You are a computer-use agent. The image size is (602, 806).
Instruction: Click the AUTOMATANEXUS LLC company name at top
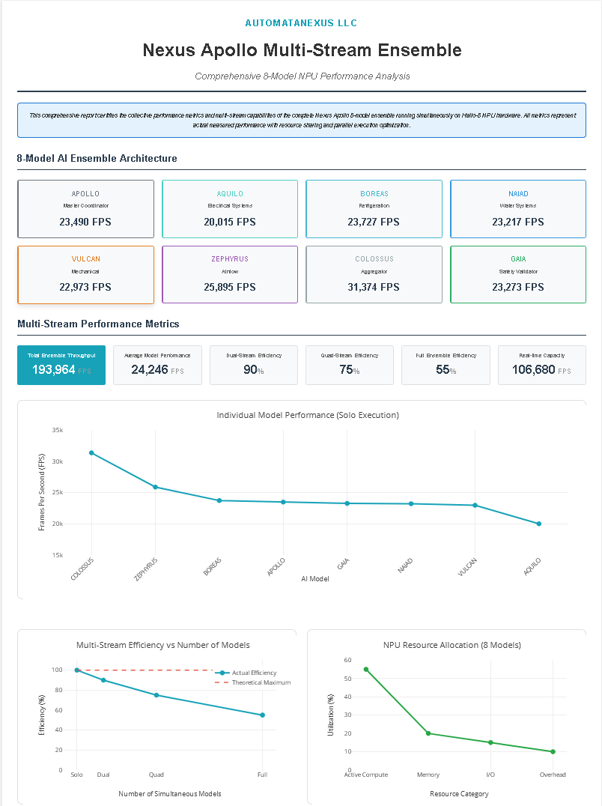pyautogui.click(x=301, y=23)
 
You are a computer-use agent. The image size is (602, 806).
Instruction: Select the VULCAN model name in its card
pyautogui.click(x=86, y=259)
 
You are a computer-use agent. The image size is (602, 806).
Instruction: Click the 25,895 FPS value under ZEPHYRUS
pyautogui.click(x=230, y=287)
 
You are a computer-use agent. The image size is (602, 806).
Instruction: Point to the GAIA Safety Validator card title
pyautogui.click(x=518, y=259)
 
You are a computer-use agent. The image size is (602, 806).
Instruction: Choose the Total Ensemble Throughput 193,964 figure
pyautogui.click(x=53, y=369)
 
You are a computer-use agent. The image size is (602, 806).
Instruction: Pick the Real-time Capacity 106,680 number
pyautogui.click(x=533, y=369)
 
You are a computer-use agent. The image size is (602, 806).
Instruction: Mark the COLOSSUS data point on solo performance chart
pyautogui.click(x=91, y=452)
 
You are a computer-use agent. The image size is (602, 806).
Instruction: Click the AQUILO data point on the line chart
pyautogui.click(x=539, y=524)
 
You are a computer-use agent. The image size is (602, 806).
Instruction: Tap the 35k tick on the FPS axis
pyautogui.click(x=58, y=430)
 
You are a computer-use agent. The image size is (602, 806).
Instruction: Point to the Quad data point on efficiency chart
pyautogui.click(x=156, y=695)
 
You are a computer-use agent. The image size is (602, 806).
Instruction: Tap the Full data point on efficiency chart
pyautogui.click(x=262, y=715)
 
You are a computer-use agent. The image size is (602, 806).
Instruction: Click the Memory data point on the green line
pyautogui.click(x=428, y=733)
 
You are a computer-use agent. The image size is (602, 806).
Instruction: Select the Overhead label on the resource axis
pyautogui.click(x=553, y=775)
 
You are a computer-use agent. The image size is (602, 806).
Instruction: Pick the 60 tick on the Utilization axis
pyautogui.click(x=347, y=660)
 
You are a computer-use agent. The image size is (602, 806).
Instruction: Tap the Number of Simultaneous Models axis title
pyautogui.click(x=170, y=793)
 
